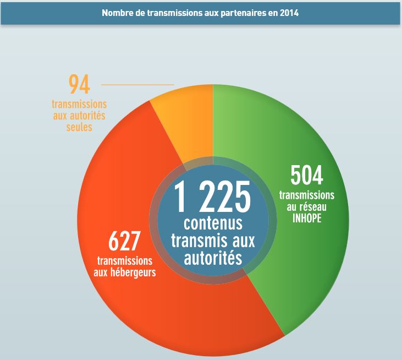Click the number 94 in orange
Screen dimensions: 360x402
pyautogui.click(x=79, y=85)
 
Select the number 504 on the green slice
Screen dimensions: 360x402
pyautogui.click(x=306, y=176)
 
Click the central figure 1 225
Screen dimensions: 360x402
pyautogui.click(x=212, y=197)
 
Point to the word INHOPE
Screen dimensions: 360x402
pyautogui.click(x=306, y=218)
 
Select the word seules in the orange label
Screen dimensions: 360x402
pyautogui.click(x=80, y=127)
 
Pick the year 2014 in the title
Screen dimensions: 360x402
pyautogui.click(x=289, y=13)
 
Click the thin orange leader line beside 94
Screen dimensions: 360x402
pyautogui.click(x=137, y=85)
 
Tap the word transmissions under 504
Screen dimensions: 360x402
pyautogui.click(x=306, y=195)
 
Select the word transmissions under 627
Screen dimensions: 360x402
pyautogui.click(x=125, y=260)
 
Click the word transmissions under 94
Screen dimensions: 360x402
pyautogui.click(x=80, y=105)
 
